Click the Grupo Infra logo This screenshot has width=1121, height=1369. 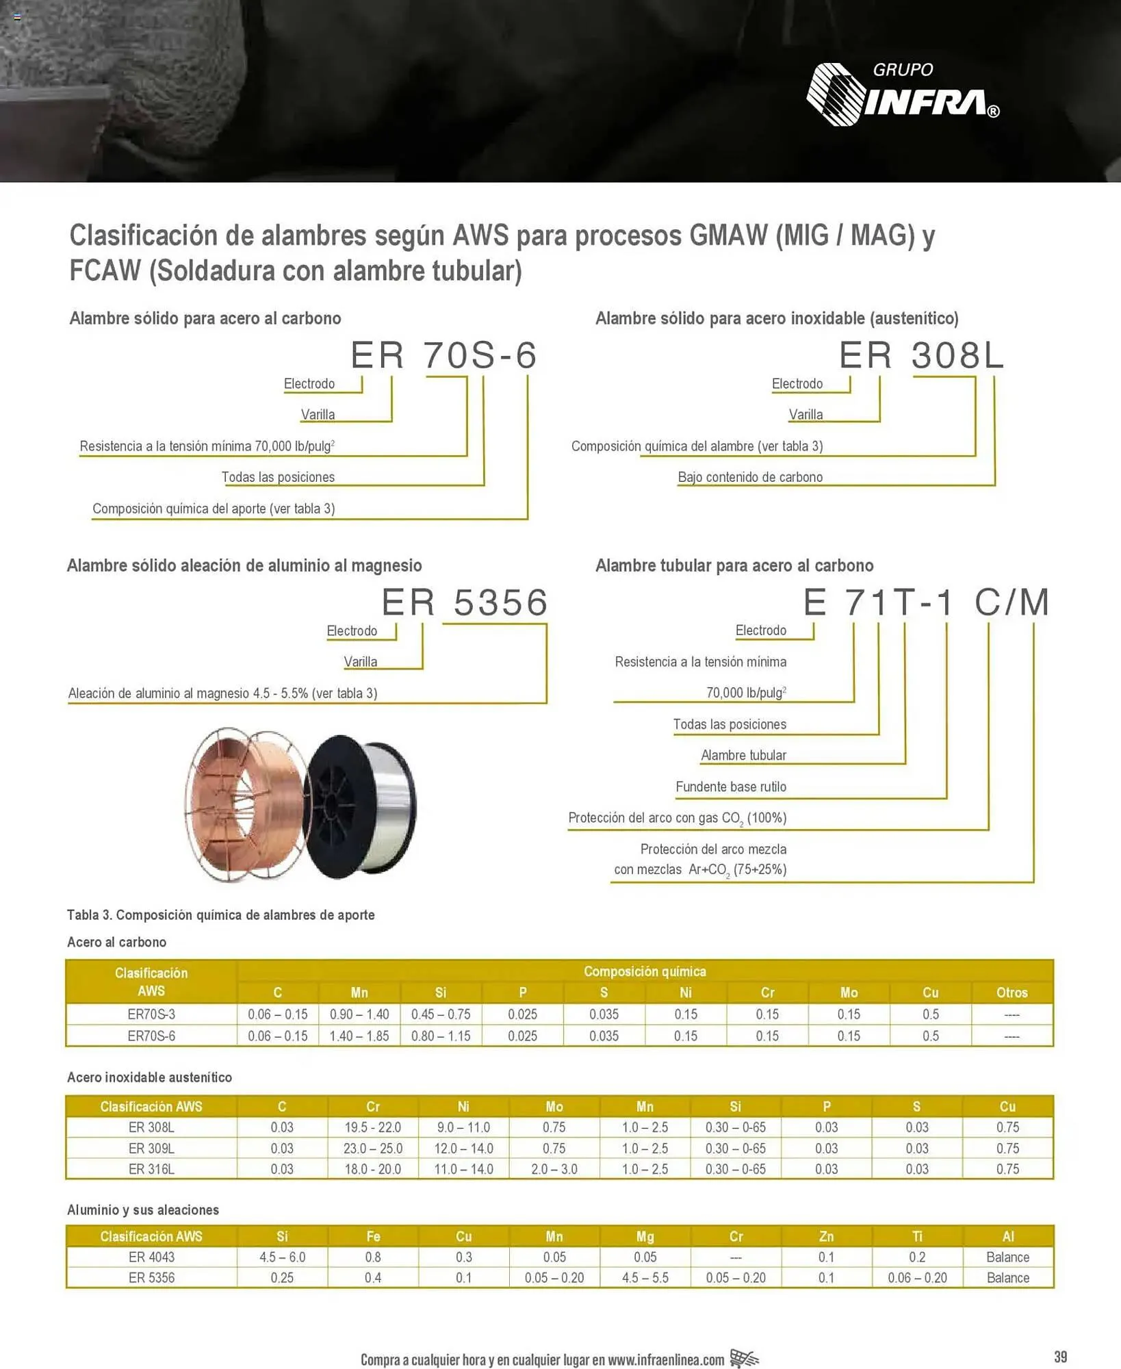[902, 94]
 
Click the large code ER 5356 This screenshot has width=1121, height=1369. [465, 603]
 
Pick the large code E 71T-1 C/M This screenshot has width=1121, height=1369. [926, 603]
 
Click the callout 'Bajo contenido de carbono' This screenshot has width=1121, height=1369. [750, 477]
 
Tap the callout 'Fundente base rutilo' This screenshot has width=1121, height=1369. [731, 786]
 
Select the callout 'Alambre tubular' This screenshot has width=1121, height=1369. [743, 756]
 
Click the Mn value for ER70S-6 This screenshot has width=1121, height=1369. [359, 1036]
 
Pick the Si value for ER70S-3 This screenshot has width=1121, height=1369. [441, 1014]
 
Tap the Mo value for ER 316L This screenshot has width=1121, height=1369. [554, 1169]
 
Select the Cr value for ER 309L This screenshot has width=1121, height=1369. [373, 1148]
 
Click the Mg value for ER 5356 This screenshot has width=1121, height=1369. [645, 1278]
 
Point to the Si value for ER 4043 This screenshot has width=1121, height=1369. [282, 1257]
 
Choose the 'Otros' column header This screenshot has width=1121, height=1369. [1012, 993]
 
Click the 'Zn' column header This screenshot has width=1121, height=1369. [826, 1236]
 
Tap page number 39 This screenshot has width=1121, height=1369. [1060, 1357]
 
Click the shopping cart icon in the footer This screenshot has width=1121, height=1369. [744, 1359]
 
